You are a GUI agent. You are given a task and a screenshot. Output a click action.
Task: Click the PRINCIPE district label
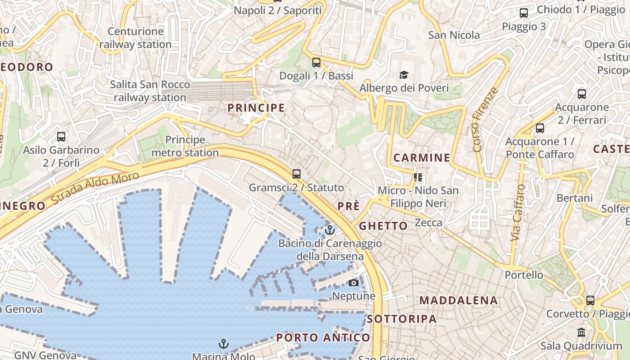(x=256, y=108)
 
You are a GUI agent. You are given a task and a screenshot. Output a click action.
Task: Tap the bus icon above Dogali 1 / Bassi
(x=316, y=62)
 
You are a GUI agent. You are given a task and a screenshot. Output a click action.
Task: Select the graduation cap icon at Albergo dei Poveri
(x=404, y=75)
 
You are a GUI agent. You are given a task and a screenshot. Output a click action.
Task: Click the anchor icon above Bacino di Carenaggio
(x=330, y=230)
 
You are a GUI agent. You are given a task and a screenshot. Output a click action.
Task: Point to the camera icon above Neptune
(x=354, y=283)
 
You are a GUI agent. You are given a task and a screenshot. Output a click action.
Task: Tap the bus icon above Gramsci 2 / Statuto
(x=296, y=174)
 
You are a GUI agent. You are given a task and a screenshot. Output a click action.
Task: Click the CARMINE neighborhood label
(x=422, y=158)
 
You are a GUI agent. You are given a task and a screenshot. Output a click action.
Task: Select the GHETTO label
(x=383, y=226)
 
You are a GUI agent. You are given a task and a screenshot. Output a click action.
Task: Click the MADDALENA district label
(x=459, y=301)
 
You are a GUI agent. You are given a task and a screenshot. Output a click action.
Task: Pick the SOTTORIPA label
(x=402, y=319)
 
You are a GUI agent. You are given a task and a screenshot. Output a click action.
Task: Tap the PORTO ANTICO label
(x=323, y=337)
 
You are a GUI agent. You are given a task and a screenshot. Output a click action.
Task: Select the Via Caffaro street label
(x=518, y=212)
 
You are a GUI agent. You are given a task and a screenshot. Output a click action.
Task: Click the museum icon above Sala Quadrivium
(x=581, y=333)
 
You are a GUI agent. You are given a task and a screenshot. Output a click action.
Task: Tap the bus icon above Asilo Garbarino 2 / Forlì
(x=61, y=136)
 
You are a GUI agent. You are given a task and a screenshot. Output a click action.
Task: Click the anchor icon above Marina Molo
(x=224, y=344)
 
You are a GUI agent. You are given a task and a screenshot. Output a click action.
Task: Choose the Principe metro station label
(x=185, y=146)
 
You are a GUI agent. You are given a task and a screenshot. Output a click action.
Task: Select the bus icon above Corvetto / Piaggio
(x=590, y=300)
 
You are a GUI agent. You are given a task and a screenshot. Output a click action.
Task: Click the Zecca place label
(x=428, y=222)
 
